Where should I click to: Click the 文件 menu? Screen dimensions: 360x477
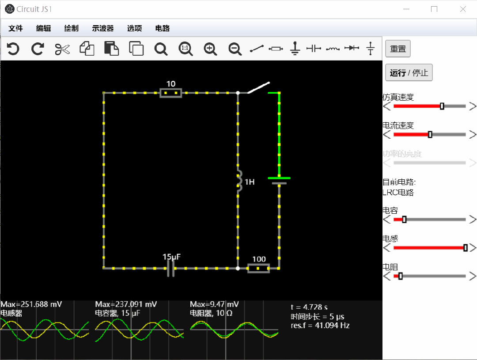(15, 28)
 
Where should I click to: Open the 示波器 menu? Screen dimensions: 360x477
(103, 28)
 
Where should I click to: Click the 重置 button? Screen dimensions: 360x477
(398, 49)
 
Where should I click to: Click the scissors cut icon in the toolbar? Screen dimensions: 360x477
(63, 49)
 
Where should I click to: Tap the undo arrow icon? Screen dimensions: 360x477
(13, 49)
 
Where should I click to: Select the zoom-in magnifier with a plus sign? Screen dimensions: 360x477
(211, 49)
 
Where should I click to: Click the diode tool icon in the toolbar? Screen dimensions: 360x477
(352, 48)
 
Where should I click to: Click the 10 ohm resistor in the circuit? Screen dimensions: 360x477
(170, 93)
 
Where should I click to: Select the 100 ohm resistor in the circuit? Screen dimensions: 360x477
(258, 268)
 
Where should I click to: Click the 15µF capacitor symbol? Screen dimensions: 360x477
(170, 268)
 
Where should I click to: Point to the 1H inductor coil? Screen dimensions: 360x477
(239, 181)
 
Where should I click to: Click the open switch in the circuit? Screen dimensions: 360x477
(258, 87)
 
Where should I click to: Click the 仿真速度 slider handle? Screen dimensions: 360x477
(442, 106)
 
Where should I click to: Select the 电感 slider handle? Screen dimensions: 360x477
(466, 248)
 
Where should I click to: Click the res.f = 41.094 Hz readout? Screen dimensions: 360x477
(320, 326)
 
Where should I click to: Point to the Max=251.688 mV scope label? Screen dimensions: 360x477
(31, 304)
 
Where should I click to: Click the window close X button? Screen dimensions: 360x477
(463, 9)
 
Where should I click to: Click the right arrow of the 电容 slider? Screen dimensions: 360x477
(473, 220)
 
